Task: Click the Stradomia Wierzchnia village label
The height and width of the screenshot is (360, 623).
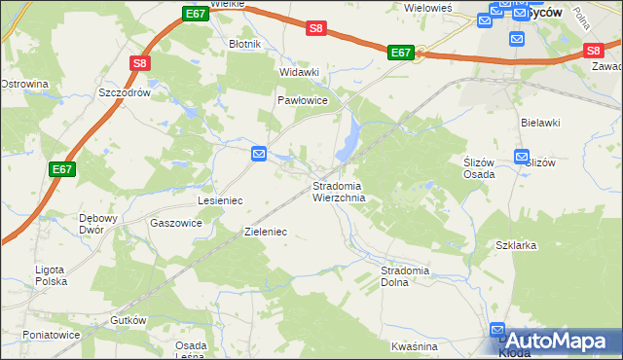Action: tap(339, 192)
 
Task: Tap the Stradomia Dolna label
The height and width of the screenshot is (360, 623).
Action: tap(406, 275)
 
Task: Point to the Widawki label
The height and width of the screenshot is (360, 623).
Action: tap(300, 72)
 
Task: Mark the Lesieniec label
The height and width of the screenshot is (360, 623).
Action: tap(220, 199)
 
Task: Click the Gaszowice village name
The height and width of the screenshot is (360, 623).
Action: tap(176, 222)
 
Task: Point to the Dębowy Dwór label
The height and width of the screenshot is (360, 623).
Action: tap(97, 224)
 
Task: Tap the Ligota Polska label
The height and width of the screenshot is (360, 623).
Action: tap(48, 274)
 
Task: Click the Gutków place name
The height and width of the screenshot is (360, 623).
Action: tap(128, 320)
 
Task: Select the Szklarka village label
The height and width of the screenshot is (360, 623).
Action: tap(516, 245)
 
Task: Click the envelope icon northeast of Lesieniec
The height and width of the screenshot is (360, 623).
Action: tap(259, 154)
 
